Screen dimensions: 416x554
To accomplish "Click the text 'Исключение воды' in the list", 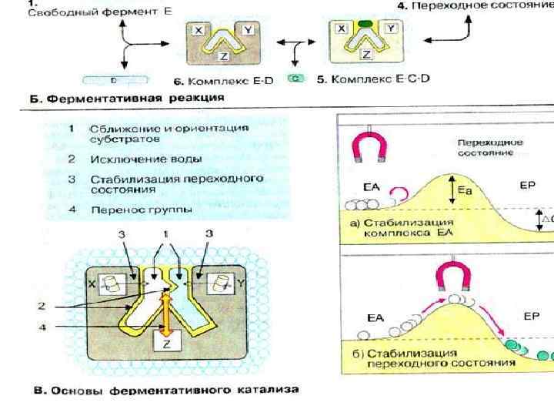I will pos(145,159).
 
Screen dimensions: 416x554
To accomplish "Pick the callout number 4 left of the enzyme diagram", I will pos(43,327).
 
